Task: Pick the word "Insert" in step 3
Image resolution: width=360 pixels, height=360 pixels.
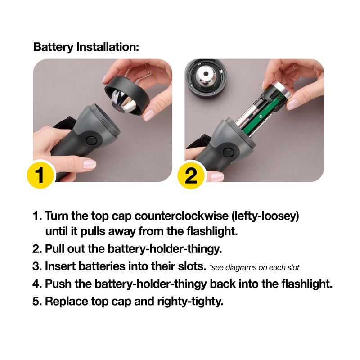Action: point(61,266)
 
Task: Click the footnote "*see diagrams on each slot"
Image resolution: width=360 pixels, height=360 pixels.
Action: point(254,267)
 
